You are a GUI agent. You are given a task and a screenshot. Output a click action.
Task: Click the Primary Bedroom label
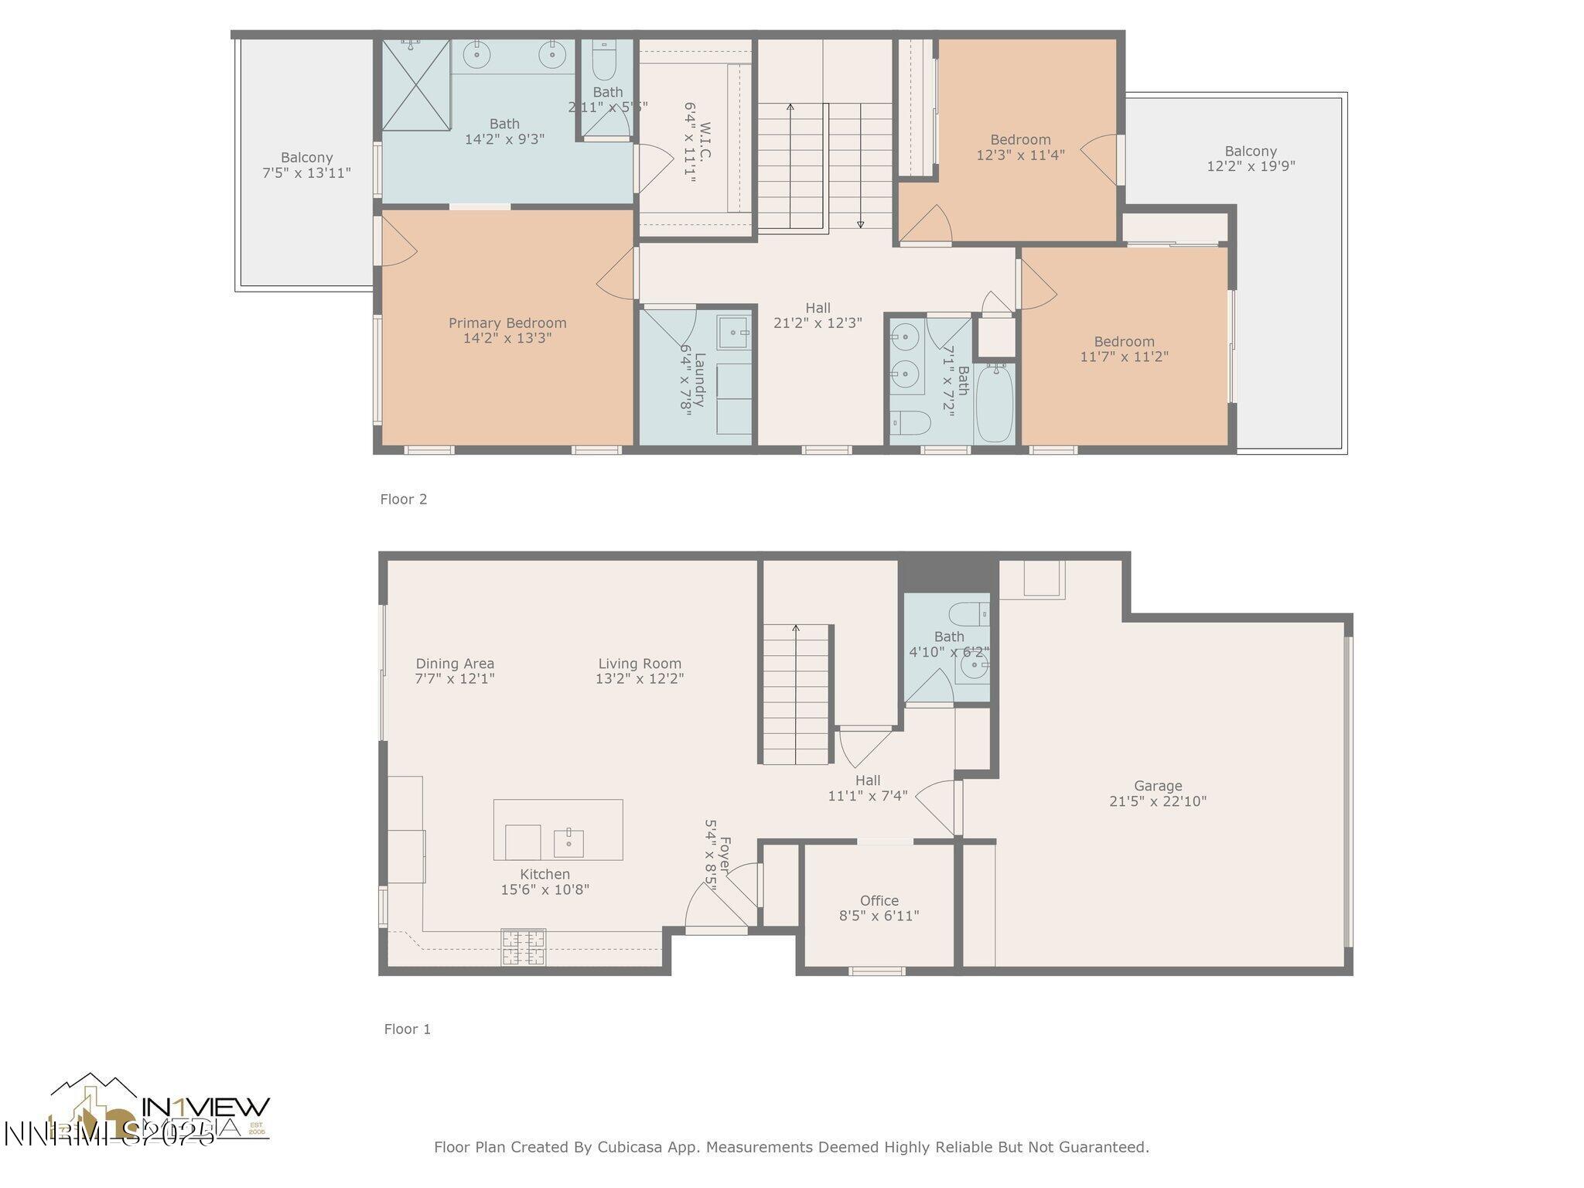tap(507, 323)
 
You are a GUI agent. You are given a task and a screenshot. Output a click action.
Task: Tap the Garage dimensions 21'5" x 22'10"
tap(1157, 801)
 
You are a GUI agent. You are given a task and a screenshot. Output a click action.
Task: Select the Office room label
tap(879, 901)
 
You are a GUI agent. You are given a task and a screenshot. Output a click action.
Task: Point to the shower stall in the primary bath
tap(416, 85)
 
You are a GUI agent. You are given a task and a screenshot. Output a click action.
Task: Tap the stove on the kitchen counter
tap(524, 947)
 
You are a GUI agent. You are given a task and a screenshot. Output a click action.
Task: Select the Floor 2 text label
tap(403, 500)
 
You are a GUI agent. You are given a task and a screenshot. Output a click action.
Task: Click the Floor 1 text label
tap(407, 1029)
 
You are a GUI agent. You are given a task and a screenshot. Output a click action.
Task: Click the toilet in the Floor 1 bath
tap(968, 613)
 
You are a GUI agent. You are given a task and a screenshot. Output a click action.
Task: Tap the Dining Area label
tap(455, 664)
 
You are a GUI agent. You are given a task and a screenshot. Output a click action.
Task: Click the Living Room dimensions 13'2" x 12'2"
tap(639, 679)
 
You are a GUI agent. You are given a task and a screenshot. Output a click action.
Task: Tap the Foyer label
tap(725, 852)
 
